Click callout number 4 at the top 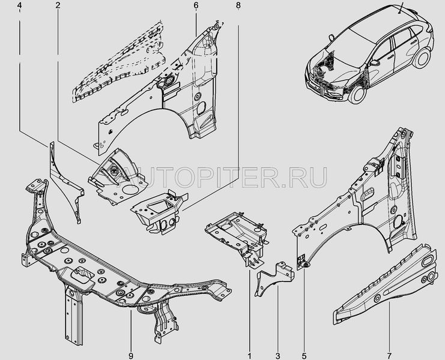(x=19, y=5)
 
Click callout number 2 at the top (x=58, y=5)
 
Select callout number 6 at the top (x=196, y=5)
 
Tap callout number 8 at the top (x=238, y=5)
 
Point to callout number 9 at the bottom (x=131, y=355)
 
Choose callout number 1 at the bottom (x=250, y=355)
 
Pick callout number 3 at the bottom (x=277, y=355)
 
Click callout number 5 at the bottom (x=304, y=355)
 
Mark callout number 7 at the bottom (x=389, y=355)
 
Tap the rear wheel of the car (x=422, y=58)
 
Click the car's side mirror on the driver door (x=374, y=63)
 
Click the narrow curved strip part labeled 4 (x=64, y=181)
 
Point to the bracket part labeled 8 (x=159, y=211)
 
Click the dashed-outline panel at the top (x=119, y=64)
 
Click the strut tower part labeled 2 (x=118, y=177)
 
